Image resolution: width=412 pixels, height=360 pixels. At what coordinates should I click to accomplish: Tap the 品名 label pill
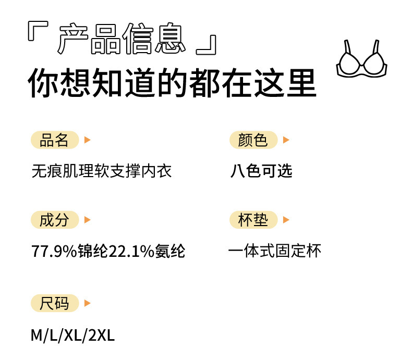54,140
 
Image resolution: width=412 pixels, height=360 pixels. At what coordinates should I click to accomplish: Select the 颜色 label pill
253,140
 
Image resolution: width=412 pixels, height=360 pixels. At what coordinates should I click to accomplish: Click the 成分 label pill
54,220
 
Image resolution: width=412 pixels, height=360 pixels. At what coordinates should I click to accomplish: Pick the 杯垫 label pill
253,220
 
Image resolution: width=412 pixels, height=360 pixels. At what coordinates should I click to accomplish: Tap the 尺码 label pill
54,303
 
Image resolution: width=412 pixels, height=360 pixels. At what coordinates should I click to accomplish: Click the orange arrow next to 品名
87,140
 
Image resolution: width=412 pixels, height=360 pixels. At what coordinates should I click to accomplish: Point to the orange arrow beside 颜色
286,140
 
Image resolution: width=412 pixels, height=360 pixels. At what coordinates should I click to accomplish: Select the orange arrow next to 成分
87,220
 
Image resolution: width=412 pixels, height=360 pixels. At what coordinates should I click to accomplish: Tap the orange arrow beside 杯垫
286,220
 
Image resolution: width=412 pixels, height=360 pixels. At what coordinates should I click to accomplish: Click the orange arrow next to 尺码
87,303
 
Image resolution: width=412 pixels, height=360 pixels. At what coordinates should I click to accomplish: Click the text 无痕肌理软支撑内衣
101,170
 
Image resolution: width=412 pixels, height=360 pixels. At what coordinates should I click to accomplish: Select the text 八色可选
261,170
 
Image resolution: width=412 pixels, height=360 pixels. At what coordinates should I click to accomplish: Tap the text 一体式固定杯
274,251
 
